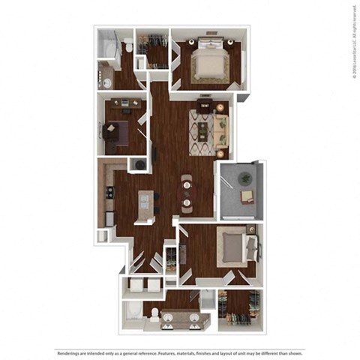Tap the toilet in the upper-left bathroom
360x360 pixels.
click(129, 46)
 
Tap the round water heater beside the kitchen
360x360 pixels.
click(139, 164)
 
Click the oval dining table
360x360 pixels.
click(186, 191)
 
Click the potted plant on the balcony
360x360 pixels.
click(244, 178)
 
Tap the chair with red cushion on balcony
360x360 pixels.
click(247, 196)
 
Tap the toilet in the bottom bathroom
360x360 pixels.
click(154, 313)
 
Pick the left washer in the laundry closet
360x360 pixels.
click(136, 284)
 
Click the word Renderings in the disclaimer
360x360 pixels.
click(73, 352)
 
